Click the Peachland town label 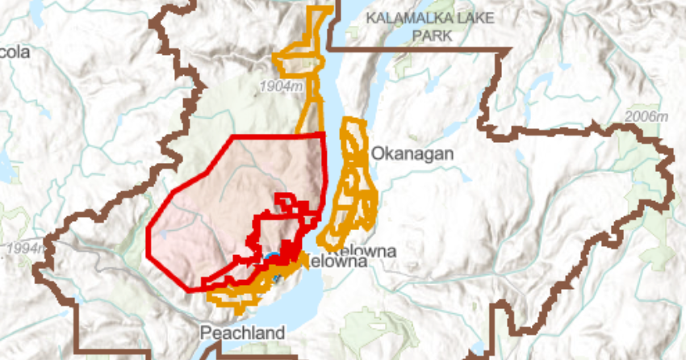[242, 333]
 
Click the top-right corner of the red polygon [324, 133]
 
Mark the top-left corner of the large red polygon [233, 136]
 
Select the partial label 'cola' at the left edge [15, 52]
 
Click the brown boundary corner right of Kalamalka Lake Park [508, 51]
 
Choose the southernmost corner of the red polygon [193, 289]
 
